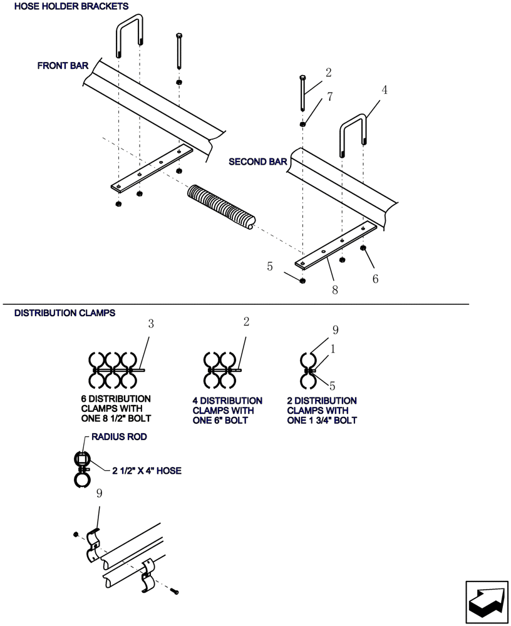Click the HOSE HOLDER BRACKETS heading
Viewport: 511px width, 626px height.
click(x=71, y=6)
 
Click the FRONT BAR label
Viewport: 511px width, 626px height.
click(x=62, y=65)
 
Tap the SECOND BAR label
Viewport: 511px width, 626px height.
click(x=257, y=162)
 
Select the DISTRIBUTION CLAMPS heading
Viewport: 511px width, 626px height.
click(x=65, y=312)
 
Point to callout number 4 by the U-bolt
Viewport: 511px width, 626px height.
click(x=385, y=90)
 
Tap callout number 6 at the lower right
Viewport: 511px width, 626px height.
click(x=375, y=279)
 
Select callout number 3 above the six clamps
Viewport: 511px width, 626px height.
click(x=150, y=324)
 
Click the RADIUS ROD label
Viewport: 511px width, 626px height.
click(x=119, y=437)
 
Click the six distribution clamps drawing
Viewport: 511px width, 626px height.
click(x=113, y=371)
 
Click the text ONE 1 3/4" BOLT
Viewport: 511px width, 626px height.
click(x=321, y=421)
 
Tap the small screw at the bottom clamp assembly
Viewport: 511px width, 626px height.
click(x=175, y=591)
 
